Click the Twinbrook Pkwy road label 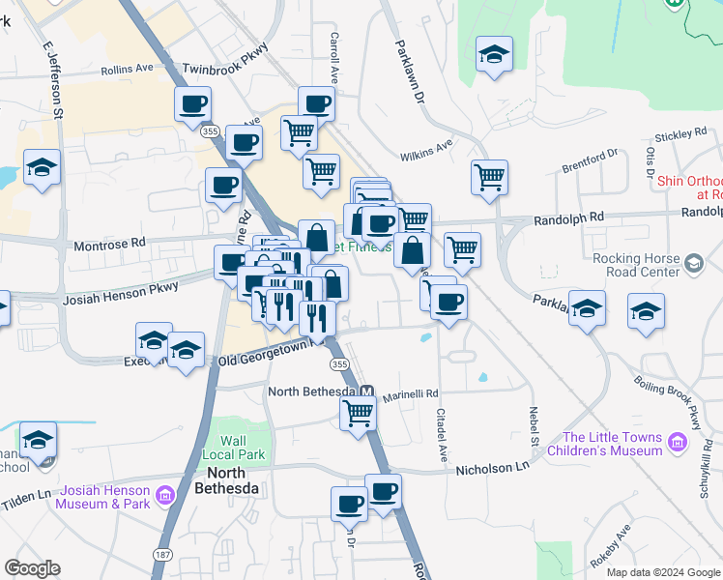pyautogui.click(x=225, y=58)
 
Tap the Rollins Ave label pyautogui.click(x=128, y=69)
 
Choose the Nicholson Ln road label pyautogui.click(x=497, y=466)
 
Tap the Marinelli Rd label pyautogui.click(x=410, y=393)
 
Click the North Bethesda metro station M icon pyautogui.click(x=367, y=391)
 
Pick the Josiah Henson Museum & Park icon pyautogui.click(x=164, y=497)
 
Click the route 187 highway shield pyautogui.click(x=161, y=554)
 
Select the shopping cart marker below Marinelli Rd pyautogui.click(x=359, y=413)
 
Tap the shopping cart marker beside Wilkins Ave pyautogui.click(x=490, y=177)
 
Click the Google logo pyautogui.click(x=32, y=568)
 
